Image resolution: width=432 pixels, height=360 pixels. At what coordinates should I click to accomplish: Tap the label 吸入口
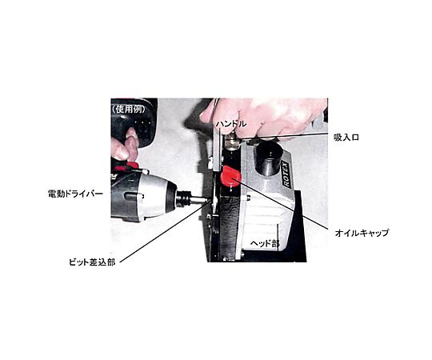(x=346, y=137)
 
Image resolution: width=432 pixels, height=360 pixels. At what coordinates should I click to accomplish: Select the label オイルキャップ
(x=362, y=233)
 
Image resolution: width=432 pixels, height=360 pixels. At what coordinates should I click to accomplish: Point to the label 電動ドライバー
(x=75, y=194)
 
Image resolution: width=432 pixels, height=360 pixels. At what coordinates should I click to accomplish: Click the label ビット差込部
(x=92, y=262)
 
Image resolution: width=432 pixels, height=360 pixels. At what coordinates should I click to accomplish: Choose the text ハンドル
(x=231, y=124)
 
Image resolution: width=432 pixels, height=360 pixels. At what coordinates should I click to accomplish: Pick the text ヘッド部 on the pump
(x=265, y=243)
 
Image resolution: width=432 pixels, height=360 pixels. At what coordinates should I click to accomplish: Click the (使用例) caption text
(x=128, y=110)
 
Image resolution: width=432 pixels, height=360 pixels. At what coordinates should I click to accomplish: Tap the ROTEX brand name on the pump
(x=286, y=175)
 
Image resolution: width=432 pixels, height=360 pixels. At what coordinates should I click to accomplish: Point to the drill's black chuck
(x=183, y=198)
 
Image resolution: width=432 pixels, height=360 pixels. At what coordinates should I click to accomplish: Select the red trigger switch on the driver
(x=133, y=165)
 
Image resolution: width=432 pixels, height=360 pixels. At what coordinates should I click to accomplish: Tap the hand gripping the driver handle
(x=124, y=146)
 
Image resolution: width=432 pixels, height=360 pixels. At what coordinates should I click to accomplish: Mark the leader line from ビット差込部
(x=165, y=231)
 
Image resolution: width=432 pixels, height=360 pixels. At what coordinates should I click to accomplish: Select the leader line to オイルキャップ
(x=278, y=204)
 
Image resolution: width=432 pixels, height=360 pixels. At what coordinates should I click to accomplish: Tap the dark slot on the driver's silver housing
(x=134, y=196)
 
